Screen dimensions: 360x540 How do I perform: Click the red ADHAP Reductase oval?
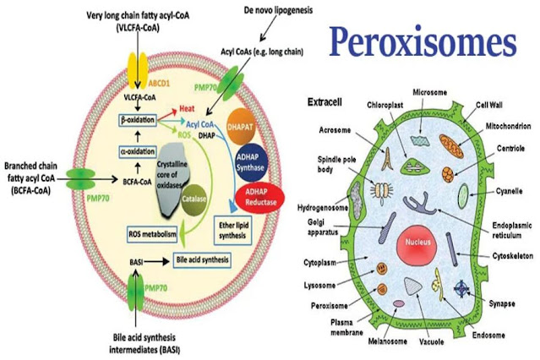click(x=246, y=195)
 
